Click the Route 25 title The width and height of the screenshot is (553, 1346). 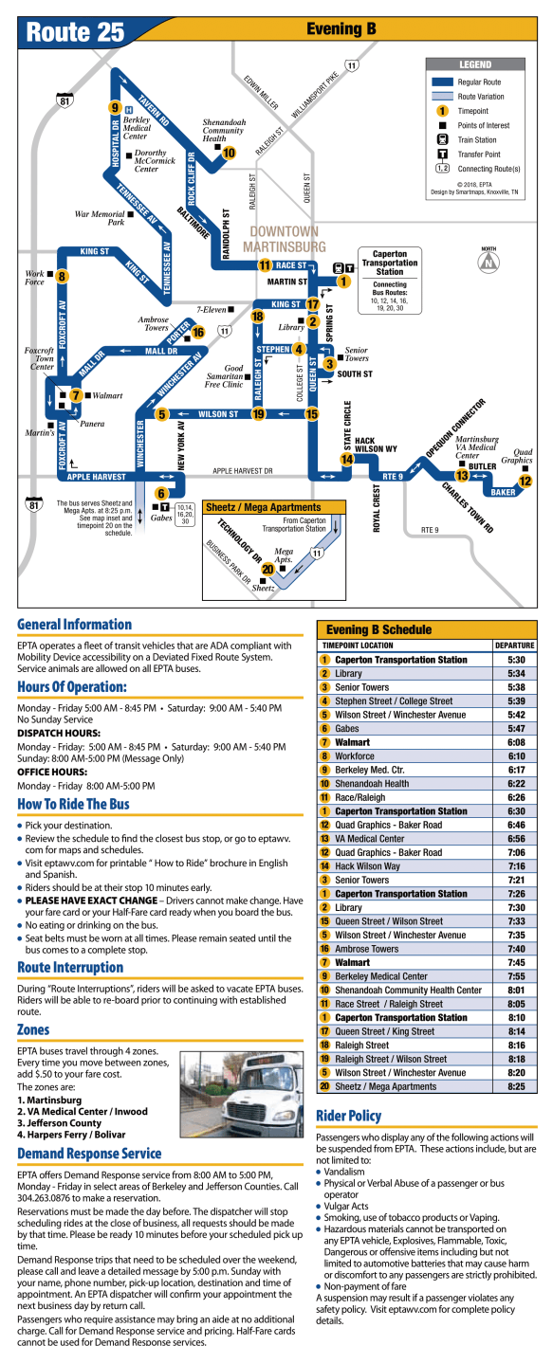pos(76,31)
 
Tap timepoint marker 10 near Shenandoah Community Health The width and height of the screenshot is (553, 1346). pos(229,152)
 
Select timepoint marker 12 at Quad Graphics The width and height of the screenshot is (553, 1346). pos(525,481)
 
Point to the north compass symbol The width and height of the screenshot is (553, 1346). pos(488,263)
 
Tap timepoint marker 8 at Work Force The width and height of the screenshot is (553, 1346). pos(62,277)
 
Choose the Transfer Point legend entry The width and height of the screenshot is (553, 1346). pos(479,154)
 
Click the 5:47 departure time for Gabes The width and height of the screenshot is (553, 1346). pos(516,728)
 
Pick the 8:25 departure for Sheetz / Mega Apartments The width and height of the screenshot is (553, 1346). pos(516,1086)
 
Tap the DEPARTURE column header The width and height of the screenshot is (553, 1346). pos(514,646)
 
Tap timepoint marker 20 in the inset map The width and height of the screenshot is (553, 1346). pos(268,570)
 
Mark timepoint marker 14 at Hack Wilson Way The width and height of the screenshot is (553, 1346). pos(347,459)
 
